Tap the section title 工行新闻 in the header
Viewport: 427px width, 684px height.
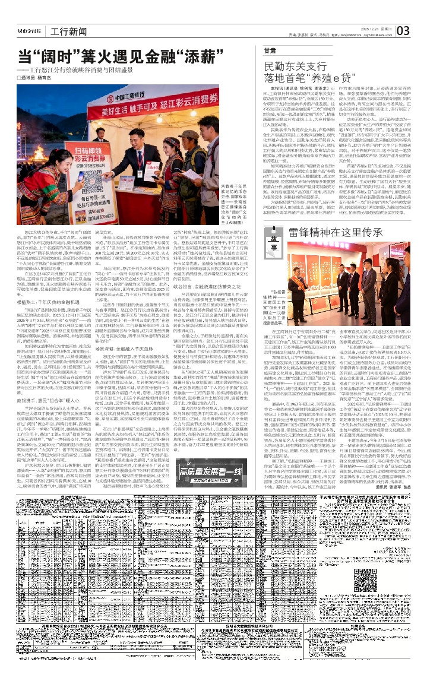(65, 31)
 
